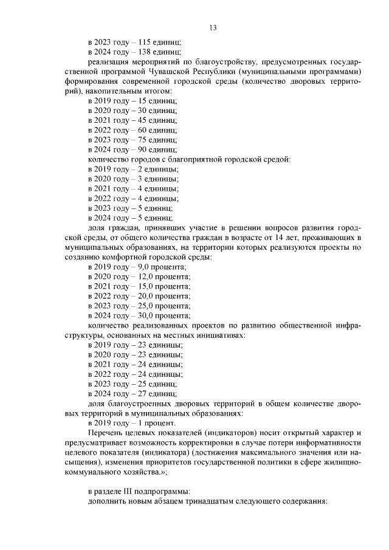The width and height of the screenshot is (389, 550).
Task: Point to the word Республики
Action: click(226, 71)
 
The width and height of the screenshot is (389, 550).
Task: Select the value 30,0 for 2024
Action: click(148, 315)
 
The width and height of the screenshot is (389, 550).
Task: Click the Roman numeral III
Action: click(129, 490)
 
